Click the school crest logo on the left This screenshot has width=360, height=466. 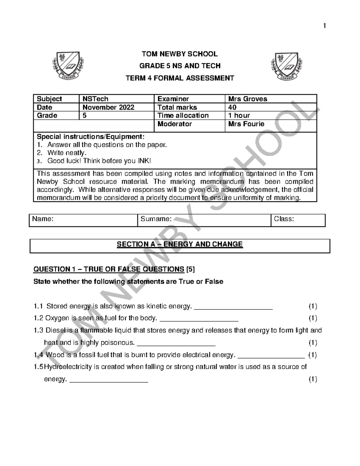click(68, 66)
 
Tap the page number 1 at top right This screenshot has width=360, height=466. click(324, 26)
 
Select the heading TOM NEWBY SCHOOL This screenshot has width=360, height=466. click(180, 54)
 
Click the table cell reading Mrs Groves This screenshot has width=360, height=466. click(247, 99)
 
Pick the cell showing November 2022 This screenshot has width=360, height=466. click(108, 107)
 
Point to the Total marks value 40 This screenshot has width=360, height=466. click(232, 107)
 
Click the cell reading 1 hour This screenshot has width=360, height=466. click(239, 116)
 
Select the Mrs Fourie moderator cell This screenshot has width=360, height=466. click(246, 124)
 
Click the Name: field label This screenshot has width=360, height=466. click(43, 219)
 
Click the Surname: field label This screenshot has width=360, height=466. click(156, 219)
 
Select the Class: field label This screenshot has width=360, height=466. click(284, 219)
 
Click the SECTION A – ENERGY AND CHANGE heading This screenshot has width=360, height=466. click(180, 244)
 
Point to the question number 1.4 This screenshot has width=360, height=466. click(39, 355)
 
